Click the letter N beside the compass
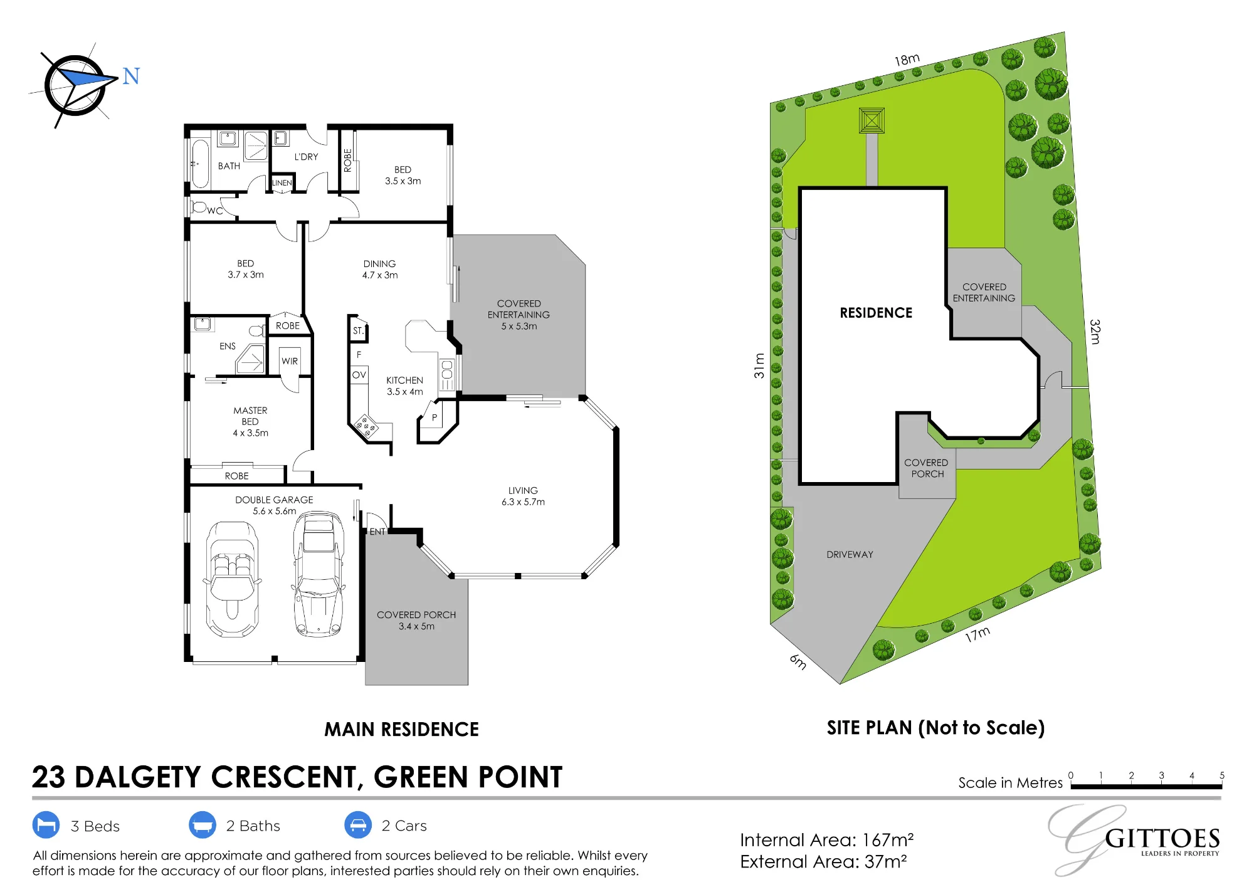(131, 76)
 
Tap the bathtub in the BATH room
(200, 164)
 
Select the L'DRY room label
(306, 157)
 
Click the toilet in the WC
(199, 206)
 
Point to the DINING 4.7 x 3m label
(380, 270)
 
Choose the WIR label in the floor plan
(290, 361)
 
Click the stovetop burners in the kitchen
(367, 426)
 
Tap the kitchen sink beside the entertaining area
(447, 374)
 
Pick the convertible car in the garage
(232, 579)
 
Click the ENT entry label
(377, 532)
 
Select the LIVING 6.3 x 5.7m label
(523, 496)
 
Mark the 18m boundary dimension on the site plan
(907, 60)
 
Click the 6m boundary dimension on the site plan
(798, 661)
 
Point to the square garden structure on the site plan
(872, 120)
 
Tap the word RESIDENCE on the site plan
(876, 313)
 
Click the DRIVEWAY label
(850, 555)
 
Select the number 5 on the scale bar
(1222, 775)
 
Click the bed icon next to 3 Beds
(46, 826)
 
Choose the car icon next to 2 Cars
(358, 826)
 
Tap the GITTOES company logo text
(1162, 839)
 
